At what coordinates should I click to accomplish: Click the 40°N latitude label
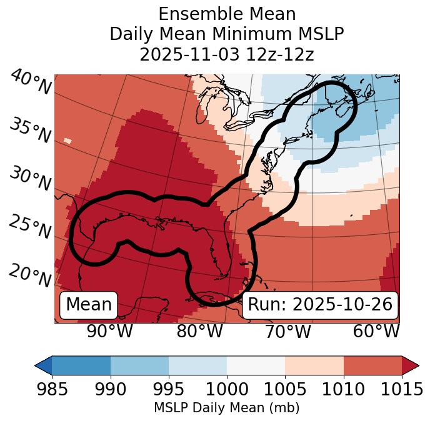click(x=31, y=83)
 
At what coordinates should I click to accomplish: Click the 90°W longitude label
click(x=109, y=331)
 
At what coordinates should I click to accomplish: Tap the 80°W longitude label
click(x=199, y=331)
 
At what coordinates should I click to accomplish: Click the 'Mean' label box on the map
click(x=89, y=305)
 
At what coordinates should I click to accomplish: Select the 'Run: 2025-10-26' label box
click(x=320, y=305)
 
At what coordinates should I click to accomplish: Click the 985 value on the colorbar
click(x=52, y=389)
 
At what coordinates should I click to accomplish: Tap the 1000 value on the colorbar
click(x=227, y=389)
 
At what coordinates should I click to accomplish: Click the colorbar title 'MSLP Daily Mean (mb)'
click(x=226, y=409)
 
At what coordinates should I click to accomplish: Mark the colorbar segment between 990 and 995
click(x=139, y=365)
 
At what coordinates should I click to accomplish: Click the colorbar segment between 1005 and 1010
click(x=314, y=365)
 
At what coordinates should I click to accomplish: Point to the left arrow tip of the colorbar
click(x=36, y=365)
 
